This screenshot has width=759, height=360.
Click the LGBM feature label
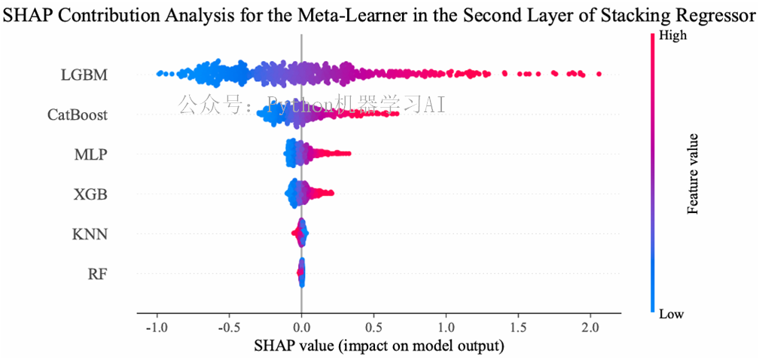(84, 75)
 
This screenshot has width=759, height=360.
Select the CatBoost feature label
(77, 115)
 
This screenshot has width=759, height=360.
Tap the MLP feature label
(90, 155)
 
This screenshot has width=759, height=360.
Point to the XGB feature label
(90, 194)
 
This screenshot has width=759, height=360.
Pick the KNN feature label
(90, 234)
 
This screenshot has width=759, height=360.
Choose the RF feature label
(96, 273)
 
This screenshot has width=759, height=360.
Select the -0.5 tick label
(228, 328)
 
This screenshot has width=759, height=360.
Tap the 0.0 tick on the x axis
(301, 328)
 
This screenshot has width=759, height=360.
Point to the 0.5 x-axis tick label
(373, 328)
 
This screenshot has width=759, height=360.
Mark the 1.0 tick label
(446, 328)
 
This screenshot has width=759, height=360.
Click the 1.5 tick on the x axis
(518, 328)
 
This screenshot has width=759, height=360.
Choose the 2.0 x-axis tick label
(590, 328)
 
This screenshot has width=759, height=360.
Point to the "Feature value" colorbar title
(693, 174)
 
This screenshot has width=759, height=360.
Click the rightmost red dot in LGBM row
(599, 74)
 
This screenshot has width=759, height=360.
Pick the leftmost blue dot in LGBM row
(158, 74)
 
